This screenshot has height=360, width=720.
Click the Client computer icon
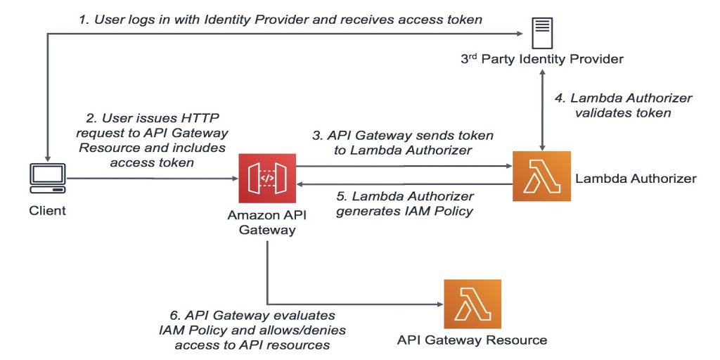pos(47,178)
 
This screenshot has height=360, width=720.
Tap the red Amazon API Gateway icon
pos(267,178)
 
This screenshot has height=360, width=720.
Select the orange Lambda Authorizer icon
pos(541,176)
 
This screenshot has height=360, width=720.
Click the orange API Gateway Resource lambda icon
pos(472,304)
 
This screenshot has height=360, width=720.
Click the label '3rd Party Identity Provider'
pos(541,59)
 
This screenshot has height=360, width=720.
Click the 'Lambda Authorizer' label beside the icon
pos(635,179)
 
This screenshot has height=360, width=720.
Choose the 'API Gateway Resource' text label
pos(472,340)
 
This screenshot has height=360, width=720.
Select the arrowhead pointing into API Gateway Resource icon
pos(437,304)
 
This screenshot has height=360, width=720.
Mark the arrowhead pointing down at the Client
pos(47,155)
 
